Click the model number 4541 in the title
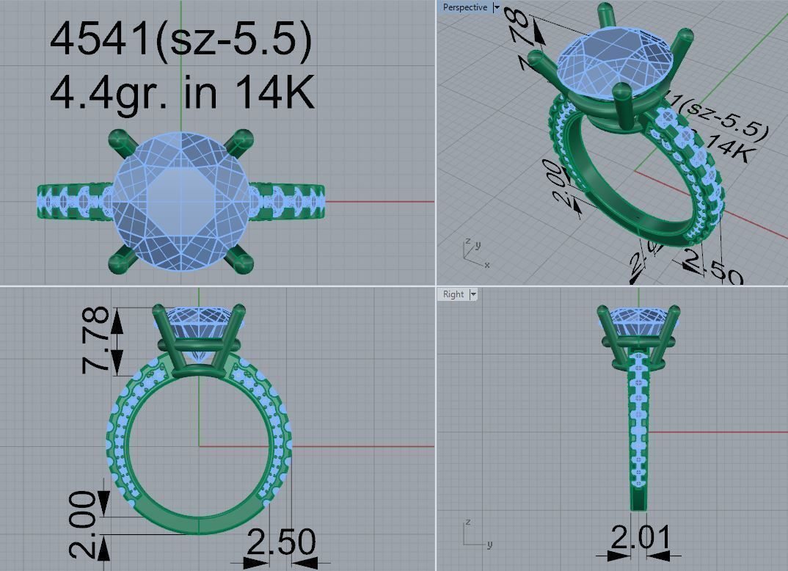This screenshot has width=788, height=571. point(100,38)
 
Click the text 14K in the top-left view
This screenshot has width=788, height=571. point(274,92)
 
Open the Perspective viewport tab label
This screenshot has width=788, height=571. point(464,7)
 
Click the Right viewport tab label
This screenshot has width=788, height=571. point(453,294)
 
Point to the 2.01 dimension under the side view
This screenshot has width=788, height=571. point(640,539)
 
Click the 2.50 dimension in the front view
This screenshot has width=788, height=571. point(281,542)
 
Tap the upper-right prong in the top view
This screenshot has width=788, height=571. point(240,139)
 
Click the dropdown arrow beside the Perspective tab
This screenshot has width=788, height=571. point(497,7)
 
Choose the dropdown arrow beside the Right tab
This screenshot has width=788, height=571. point(473,294)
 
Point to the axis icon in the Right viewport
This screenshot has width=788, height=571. point(473,534)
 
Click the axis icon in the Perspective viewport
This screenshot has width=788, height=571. point(473,252)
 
